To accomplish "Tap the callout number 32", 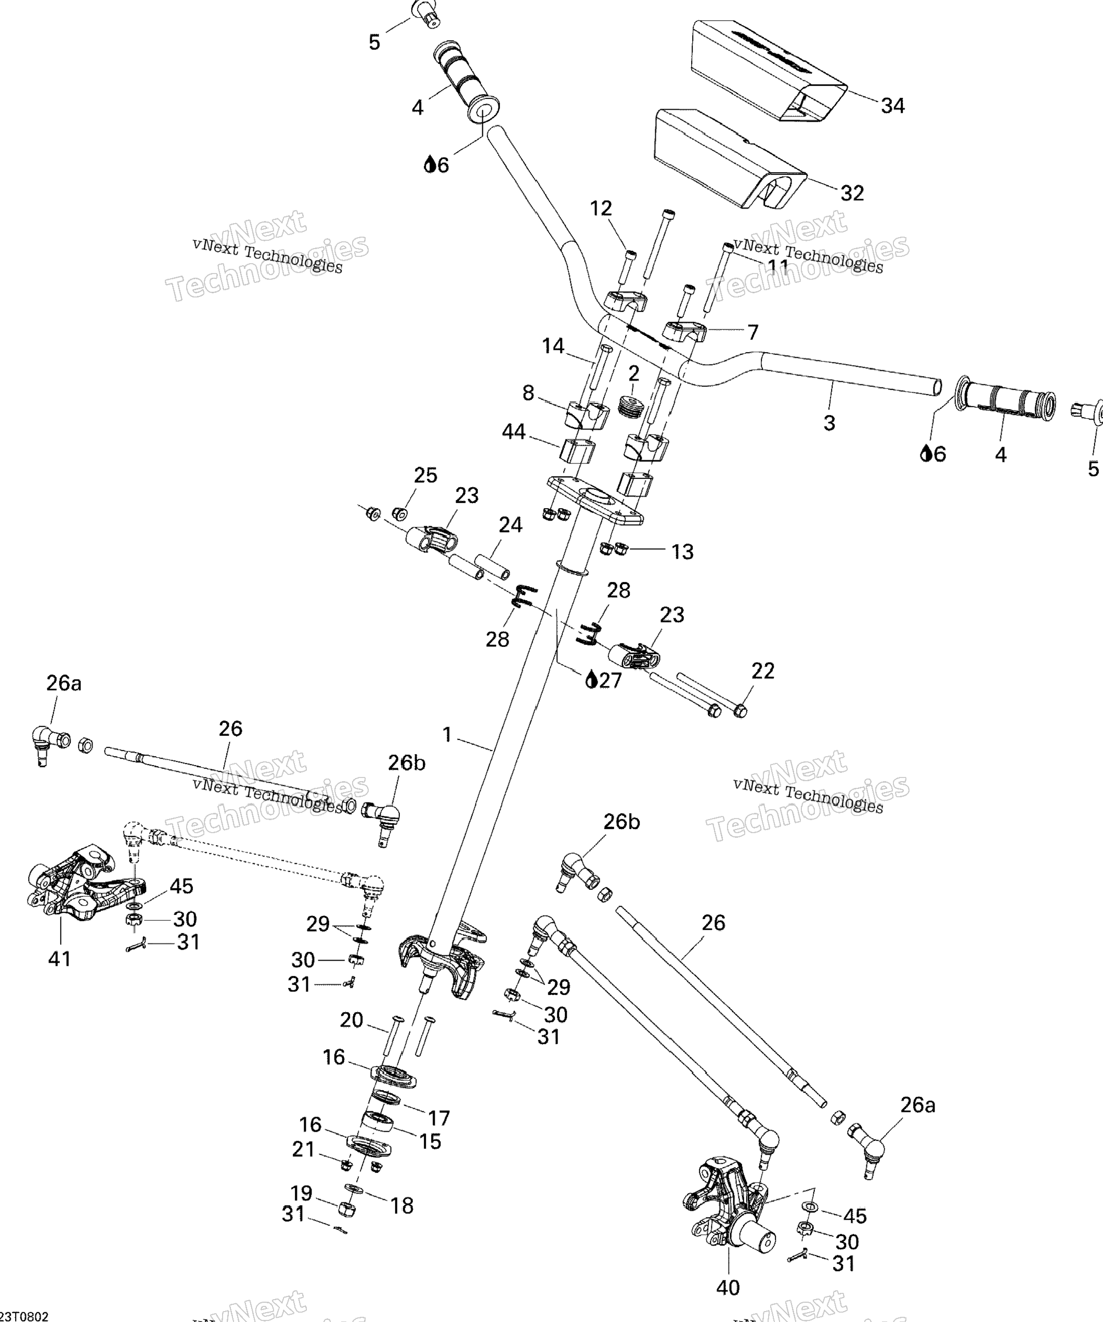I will point(852,193).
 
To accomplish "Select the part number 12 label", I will point(601,209).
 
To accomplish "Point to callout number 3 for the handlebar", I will point(829,423).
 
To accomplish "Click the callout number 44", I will point(514,432).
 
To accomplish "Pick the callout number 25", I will point(425,475).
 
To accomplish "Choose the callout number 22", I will point(762,671).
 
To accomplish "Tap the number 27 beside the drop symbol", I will point(609,681).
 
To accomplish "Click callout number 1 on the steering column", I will point(447,735).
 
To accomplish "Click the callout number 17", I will point(439,1118).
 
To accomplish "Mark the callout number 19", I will point(302,1193).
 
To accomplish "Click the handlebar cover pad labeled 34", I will point(768,69).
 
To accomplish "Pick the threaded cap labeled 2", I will point(630,406).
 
